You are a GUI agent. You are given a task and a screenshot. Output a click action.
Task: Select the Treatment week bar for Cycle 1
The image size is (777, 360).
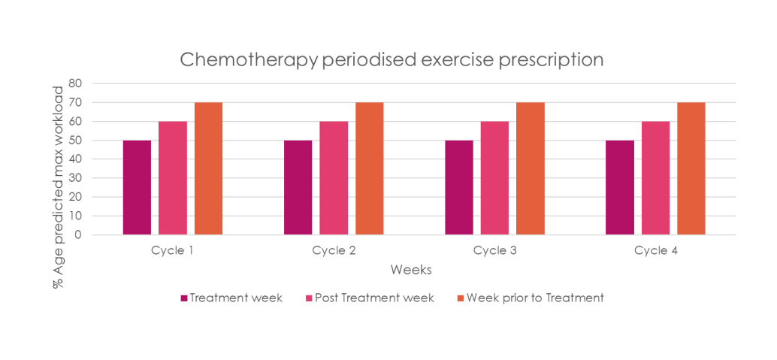137,187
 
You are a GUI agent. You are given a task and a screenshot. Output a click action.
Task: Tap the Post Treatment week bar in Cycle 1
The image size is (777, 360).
173,177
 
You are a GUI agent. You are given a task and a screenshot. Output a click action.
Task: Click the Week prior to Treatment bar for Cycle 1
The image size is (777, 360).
208,168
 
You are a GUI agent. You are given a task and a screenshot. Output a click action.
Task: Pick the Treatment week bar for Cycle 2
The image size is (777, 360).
298,187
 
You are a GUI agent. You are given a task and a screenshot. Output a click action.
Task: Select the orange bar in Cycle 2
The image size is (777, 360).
369,168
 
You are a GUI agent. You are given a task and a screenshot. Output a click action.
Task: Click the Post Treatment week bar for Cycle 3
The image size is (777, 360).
494,177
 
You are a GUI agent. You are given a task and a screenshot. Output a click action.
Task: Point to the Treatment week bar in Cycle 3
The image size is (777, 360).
458,187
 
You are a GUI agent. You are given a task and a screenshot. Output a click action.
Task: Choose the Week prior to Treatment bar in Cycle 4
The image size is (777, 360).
691,168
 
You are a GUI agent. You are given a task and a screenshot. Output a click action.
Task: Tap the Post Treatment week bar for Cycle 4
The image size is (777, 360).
655,177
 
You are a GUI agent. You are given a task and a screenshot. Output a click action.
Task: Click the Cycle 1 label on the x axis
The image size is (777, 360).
173,250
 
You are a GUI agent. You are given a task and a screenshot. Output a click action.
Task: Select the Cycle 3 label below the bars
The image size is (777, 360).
494,250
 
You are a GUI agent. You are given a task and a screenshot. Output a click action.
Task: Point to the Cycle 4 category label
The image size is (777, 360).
655,250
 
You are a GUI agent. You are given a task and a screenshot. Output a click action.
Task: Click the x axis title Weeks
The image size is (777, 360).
410,269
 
